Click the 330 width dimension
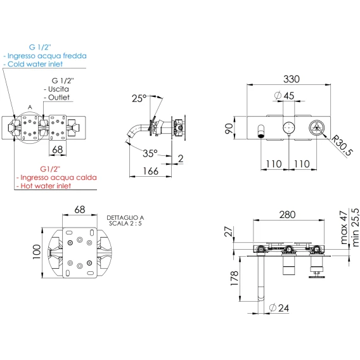[x=292, y=79]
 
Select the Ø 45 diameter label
[x=284, y=96]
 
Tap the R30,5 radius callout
[x=342, y=145]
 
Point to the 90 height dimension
[x=229, y=128]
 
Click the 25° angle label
[x=139, y=98]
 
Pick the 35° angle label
[x=150, y=153]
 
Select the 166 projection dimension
[x=151, y=171]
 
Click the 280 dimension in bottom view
[x=287, y=215]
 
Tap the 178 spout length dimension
[x=235, y=278]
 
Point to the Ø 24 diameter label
[x=279, y=308]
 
